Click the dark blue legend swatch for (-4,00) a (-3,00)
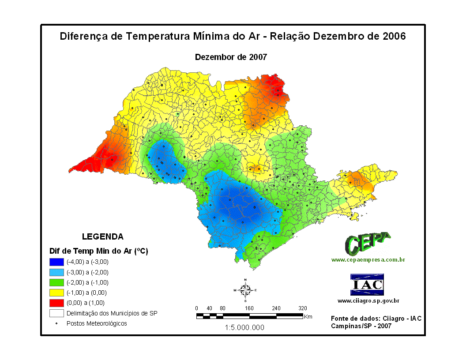click(x=57, y=262)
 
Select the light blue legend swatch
click(x=57, y=272)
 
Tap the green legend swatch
click(x=57, y=282)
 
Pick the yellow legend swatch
click(x=57, y=292)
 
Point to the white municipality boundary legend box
click(x=57, y=313)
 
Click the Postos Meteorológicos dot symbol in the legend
click(x=57, y=323)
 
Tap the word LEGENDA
click(x=103, y=236)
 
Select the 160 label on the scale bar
click(x=249, y=308)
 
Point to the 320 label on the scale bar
click(x=302, y=308)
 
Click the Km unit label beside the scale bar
click(x=308, y=316)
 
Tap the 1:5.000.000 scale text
click(x=244, y=327)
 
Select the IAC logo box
click(x=367, y=285)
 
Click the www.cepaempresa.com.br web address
click(x=368, y=260)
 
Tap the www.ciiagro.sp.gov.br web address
click(x=368, y=301)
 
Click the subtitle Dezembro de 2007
click(x=231, y=57)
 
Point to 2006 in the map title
click(x=394, y=36)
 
